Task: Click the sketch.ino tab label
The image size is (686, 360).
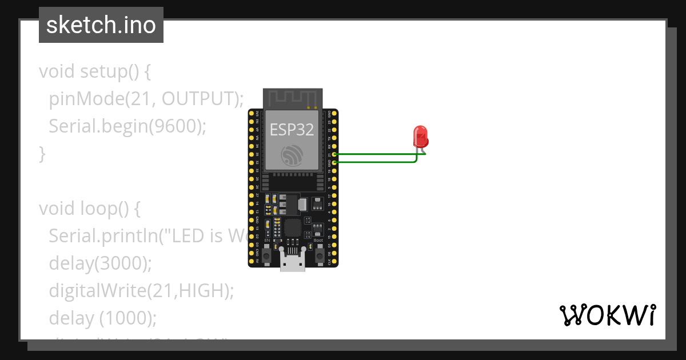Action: click(x=101, y=26)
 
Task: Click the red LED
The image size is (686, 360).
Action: click(x=421, y=137)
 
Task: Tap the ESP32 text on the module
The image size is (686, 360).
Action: click(x=292, y=129)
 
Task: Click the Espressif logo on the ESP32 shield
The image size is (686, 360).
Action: click(x=292, y=155)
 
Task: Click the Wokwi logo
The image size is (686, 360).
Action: click(x=607, y=315)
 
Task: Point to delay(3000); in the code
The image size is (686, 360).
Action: click(x=101, y=263)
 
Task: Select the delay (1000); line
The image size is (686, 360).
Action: click(x=102, y=318)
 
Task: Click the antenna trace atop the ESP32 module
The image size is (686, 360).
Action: click(x=292, y=98)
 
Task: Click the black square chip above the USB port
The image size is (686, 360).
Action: click(x=292, y=228)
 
